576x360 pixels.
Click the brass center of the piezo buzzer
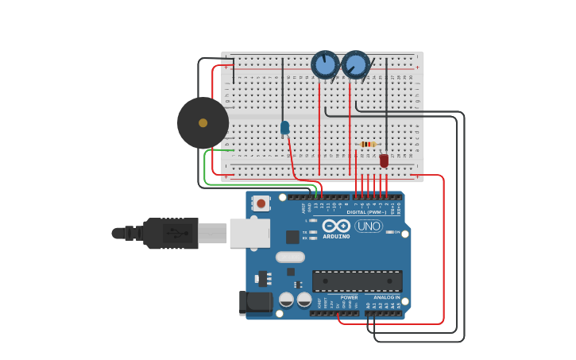(203, 122)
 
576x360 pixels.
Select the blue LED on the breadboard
(284, 127)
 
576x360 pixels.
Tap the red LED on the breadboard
(384, 161)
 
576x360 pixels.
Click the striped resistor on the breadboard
(368, 144)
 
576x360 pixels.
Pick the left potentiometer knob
(325, 64)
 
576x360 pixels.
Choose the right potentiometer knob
(356, 64)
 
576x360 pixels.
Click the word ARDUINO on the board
(336, 237)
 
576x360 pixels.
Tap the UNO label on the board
(369, 226)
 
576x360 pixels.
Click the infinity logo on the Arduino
(336, 226)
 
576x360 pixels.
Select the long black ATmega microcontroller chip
(357, 281)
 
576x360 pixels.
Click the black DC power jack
(255, 302)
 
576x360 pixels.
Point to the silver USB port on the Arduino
(249, 233)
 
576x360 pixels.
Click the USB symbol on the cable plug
(179, 233)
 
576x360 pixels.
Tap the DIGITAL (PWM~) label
(366, 212)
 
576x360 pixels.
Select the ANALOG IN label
(387, 297)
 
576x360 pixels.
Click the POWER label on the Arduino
(349, 297)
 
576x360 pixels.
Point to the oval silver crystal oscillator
(290, 257)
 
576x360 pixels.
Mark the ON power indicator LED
(390, 232)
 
